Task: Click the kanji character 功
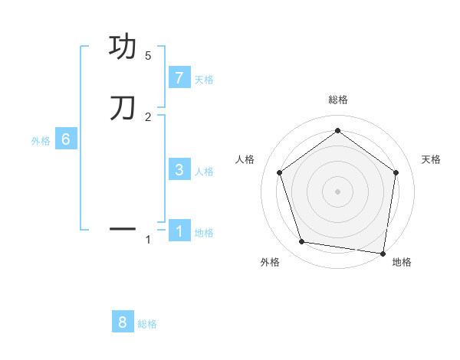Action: (123, 47)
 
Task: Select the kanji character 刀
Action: (123, 108)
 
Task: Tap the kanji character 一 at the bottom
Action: (123, 228)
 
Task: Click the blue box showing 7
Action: (179, 78)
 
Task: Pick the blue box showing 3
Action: (179, 170)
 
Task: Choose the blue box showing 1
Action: (179, 231)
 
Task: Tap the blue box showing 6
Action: (66, 139)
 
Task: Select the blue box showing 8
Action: (123, 322)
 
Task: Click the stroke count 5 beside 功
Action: (148, 56)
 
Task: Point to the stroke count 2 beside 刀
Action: (148, 116)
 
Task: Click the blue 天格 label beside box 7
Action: (204, 80)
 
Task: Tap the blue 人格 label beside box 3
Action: (204, 172)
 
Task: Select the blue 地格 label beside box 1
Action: (204, 233)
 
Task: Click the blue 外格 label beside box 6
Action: (41, 141)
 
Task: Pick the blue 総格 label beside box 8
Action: (147, 324)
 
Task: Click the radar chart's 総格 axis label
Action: (337, 100)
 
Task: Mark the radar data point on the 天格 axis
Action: (396, 172)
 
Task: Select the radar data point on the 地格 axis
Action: (383, 253)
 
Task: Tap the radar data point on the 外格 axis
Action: (302, 242)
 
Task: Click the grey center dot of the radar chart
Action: (337, 191)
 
